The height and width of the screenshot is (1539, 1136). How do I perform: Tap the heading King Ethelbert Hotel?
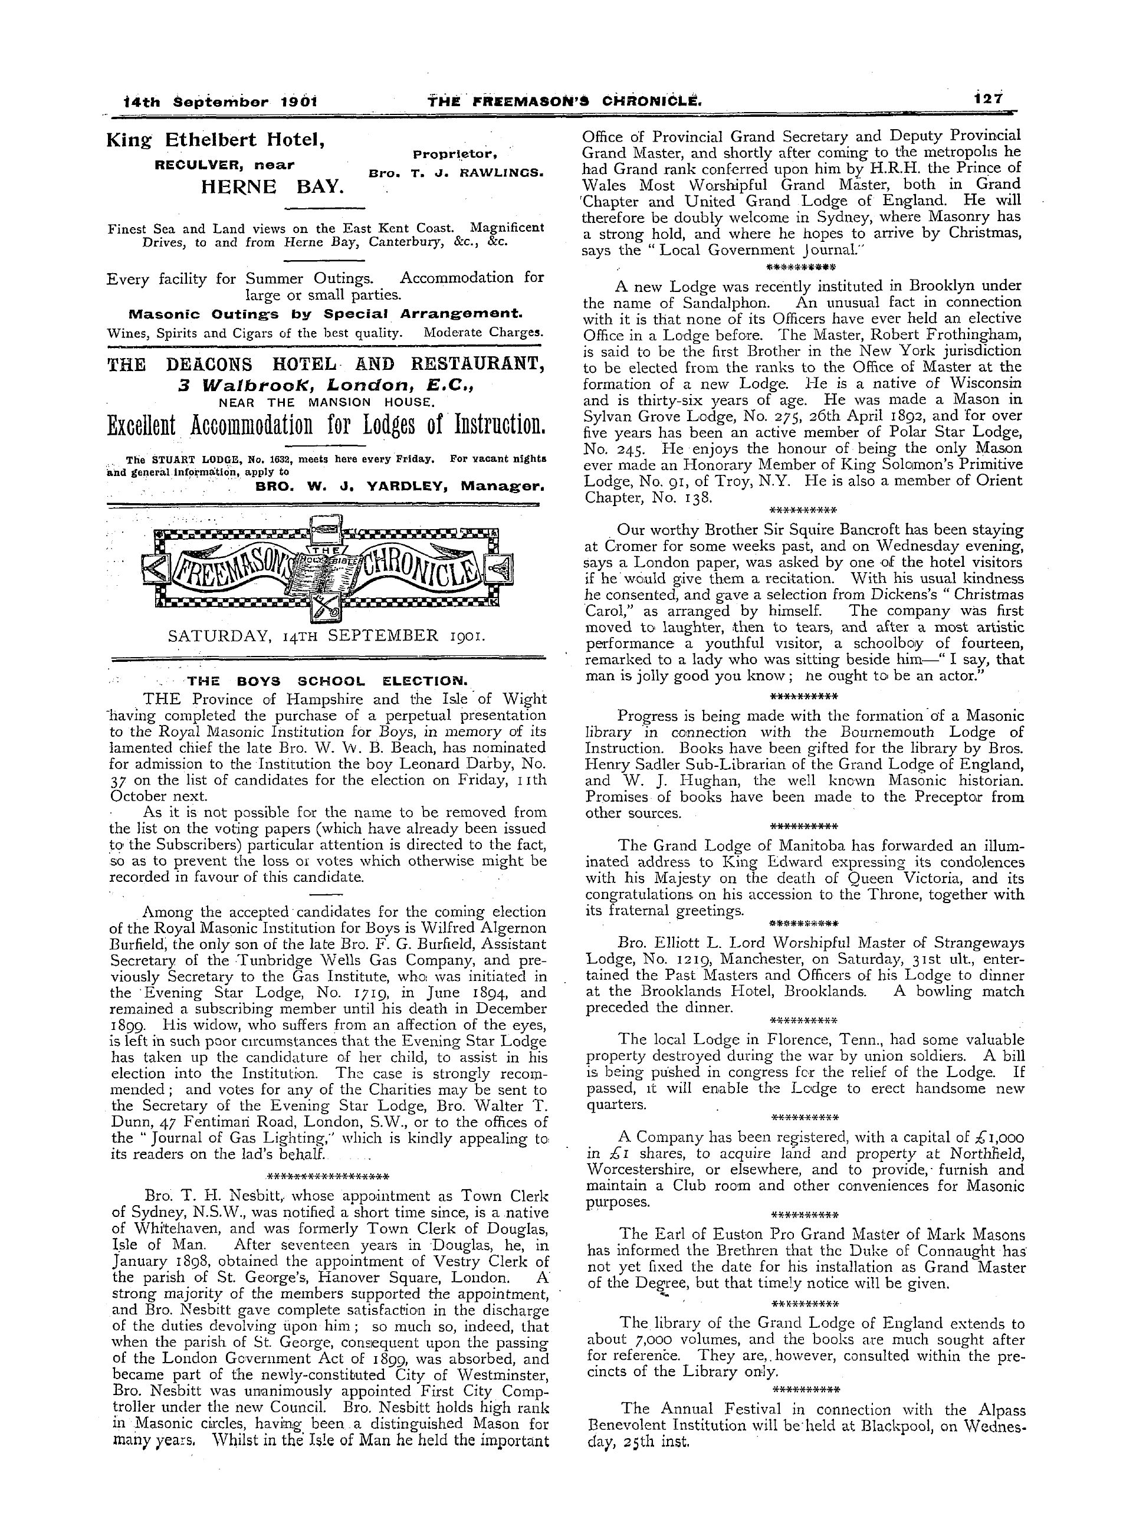coord(216,140)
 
